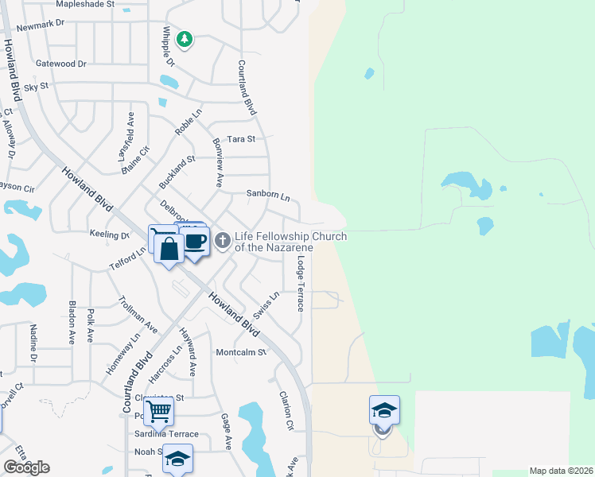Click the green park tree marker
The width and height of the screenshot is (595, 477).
185,39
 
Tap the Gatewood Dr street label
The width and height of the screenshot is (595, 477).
60,63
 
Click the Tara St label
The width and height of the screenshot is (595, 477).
241,139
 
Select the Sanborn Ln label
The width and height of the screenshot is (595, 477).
267,194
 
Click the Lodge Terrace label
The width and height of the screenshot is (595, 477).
301,283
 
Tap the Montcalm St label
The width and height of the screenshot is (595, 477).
240,352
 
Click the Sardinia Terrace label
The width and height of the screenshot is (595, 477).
166,434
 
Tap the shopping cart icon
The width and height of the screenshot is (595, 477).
159,412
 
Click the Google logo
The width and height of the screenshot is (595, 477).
26,467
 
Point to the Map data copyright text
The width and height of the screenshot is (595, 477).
562,471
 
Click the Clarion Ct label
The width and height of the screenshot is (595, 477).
286,411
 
